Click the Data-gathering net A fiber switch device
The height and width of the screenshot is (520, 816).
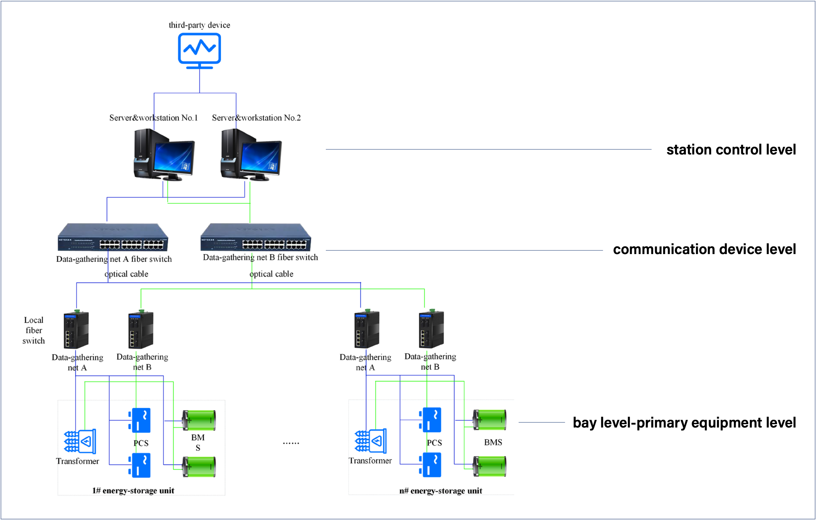coord(113,237)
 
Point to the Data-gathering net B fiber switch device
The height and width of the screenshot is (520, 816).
coord(255,237)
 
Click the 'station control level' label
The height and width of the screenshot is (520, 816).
coord(731,149)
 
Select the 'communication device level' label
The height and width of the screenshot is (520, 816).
coord(704,249)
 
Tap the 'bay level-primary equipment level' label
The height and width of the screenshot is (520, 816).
coord(684,422)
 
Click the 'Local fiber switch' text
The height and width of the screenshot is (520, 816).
coord(34,330)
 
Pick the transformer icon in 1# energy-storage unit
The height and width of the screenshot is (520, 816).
coord(80,441)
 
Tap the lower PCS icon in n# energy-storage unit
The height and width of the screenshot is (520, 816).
coord(430,465)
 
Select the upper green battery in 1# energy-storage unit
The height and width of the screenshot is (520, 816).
coord(199,420)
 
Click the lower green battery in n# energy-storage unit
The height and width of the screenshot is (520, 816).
coord(489,466)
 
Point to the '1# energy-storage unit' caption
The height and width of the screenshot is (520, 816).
coord(133,491)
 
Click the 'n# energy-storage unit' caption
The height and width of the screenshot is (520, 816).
coord(441,491)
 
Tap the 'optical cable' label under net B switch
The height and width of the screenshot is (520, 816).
coord(271,274)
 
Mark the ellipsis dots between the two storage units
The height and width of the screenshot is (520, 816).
coord(291,443)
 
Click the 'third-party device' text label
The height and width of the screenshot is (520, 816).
coord(199,25)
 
